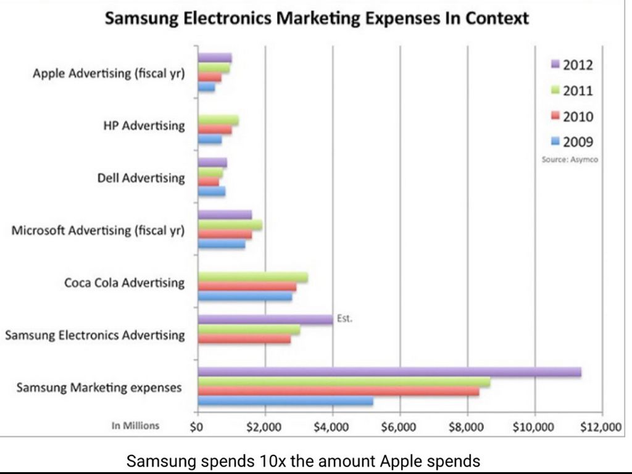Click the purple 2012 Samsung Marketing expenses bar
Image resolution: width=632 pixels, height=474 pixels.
pyautogui.click(x=389, y=372)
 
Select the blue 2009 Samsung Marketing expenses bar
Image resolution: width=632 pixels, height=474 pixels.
pyautogui.click(x=285, y=401)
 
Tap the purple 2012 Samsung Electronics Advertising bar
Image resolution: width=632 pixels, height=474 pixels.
pyautogui.click(x=265, y=319)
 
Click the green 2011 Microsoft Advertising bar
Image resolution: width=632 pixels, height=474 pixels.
pyautogui.click(x=229, y=225)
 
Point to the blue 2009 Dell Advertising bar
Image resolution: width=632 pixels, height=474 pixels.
pyautogui.click(x=212, y=191)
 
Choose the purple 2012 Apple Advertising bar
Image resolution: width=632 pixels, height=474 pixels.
pyautogui.click(x=215, y=58)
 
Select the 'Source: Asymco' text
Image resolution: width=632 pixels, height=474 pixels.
pyautogui.click(x=568, y=159)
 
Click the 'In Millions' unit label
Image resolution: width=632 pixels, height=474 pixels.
pyautogui.click(x=135, y=425)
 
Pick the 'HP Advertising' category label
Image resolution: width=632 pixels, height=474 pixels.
pyautogui.click(x=144, y=126)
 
